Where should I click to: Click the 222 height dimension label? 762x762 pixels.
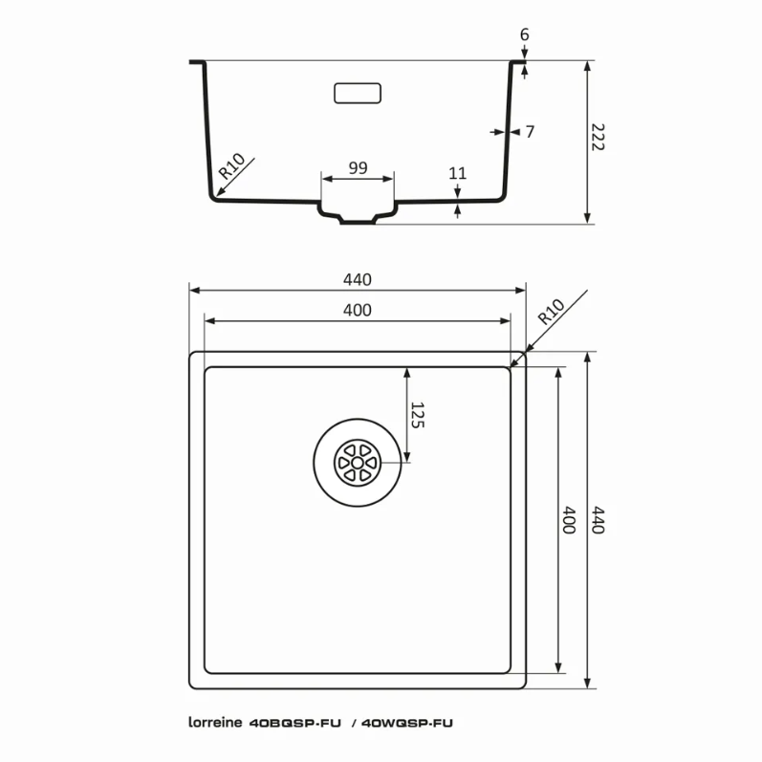(598, 137)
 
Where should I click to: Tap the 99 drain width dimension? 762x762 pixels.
(358, 167)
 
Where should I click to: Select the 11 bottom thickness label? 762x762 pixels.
(457, 173)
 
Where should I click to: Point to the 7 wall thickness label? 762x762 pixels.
(530, 131)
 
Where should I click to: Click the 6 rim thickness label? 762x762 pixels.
(524, 34)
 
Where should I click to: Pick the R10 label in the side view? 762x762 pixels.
(231, 165)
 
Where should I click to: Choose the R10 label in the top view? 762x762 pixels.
(551, 312)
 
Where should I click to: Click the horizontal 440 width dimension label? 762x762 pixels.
(358, 279)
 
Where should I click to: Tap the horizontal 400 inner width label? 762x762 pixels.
(358, 310)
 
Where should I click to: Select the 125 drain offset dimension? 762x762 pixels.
(418, 415)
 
